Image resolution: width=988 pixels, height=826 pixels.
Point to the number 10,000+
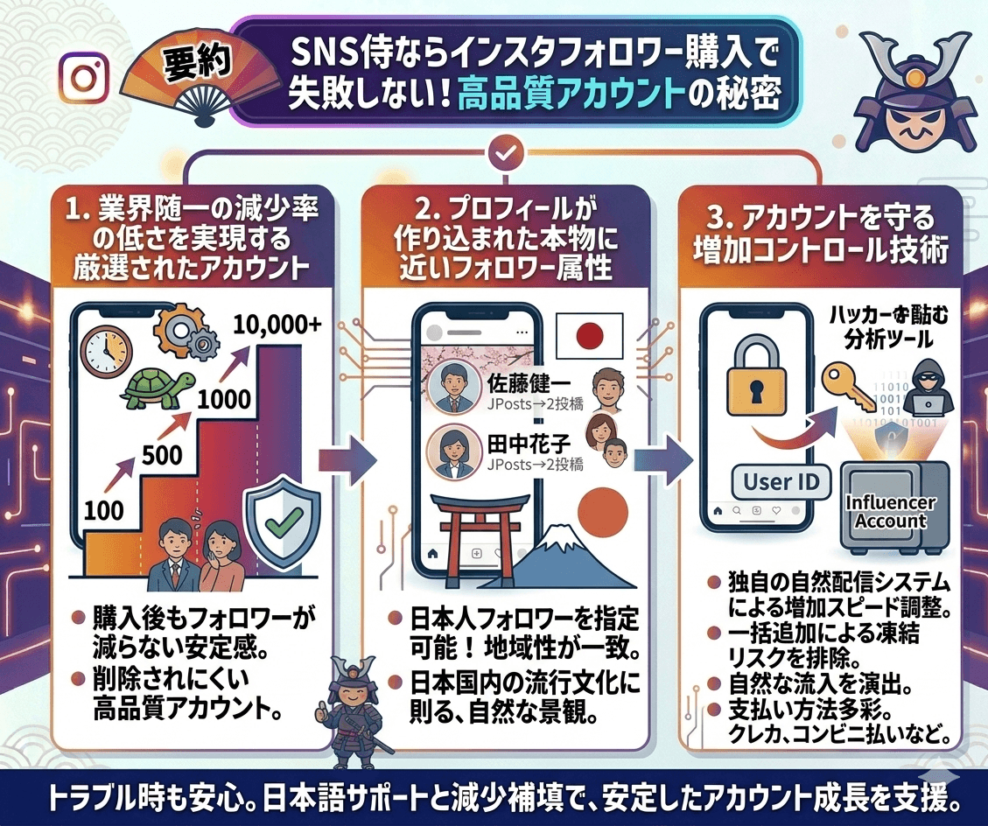pyautogui.click(x=277, y=326)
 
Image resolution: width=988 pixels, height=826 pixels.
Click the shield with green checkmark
pyautogui.click(x=279, y=521)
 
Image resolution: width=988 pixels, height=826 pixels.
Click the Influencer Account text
pyautogui.click(x=890, y=512)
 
